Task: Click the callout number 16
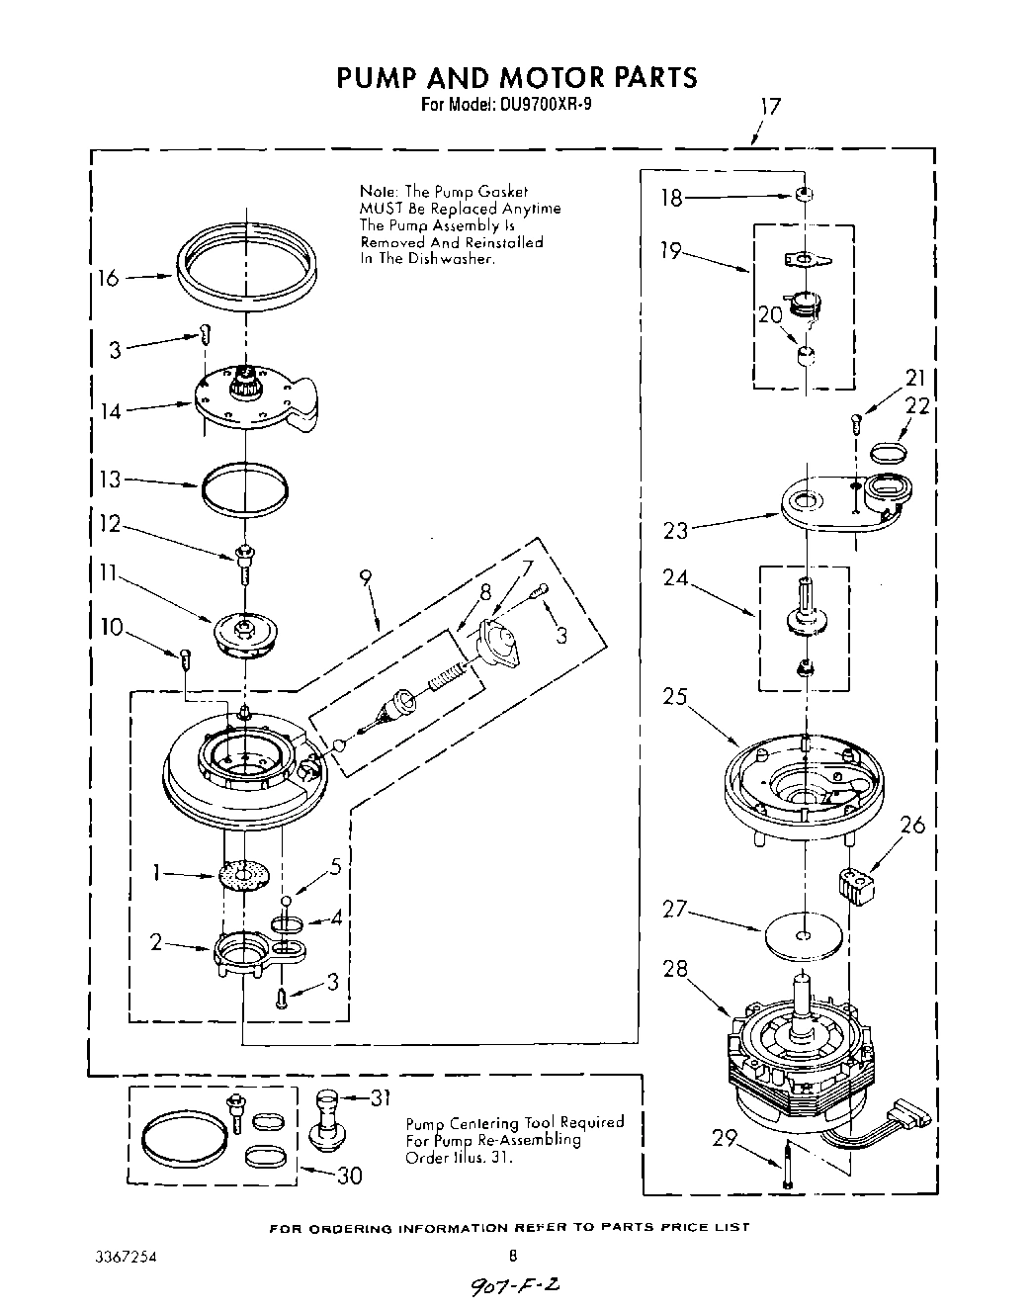pyautogui.click(x=108, y=279)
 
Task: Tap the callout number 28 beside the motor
pyautogui.click(x=675, y=969)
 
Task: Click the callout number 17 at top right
pyautogui.click(x=770, y=107)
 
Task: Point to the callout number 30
pyautogui.click(x=349, y=1176)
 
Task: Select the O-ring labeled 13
pyautogui.click(x=245, y=489)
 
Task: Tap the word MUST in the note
pyautogui.click(x=380, y=209)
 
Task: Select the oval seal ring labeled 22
pyautogui.click(x=889, y=453)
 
